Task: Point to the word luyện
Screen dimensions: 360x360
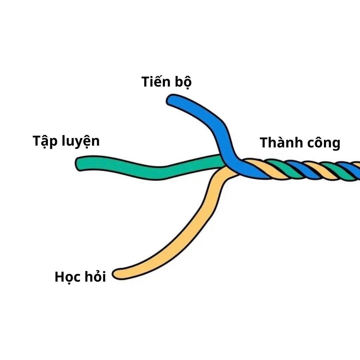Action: click(x=81, y=141)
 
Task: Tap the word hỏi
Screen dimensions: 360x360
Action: click(x=95, y=277)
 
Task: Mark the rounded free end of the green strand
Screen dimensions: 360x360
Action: click(x=80, y=164)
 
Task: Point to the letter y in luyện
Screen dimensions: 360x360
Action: click(x=76, y=143)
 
